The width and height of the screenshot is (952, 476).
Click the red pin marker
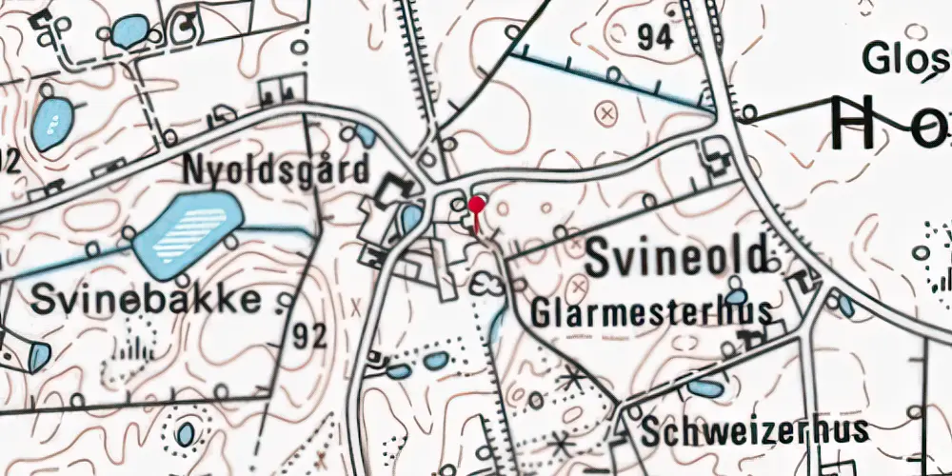[x=476, y=205]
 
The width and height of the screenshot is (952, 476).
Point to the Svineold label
[x=676, y=258]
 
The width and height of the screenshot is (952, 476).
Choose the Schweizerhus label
[x=754, y=429]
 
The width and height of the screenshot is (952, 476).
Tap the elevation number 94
[x=655, y=37]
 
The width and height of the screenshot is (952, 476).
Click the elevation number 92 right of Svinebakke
[x=310, y=335]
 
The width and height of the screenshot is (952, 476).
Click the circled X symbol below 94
[x=605, y=113]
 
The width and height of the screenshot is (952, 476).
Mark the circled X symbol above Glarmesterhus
[x=580, y=285]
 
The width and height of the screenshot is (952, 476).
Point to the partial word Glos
[x=904, y=59]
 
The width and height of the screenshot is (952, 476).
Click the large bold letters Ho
[x=890, y=124]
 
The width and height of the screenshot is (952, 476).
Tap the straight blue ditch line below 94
[x=609, y=82]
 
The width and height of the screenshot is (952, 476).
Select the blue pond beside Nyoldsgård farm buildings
[x=410, y=218]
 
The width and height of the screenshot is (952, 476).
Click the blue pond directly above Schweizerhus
[x=704, y=387]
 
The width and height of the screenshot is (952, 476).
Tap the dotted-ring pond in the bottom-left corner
[x=185, y=433]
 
